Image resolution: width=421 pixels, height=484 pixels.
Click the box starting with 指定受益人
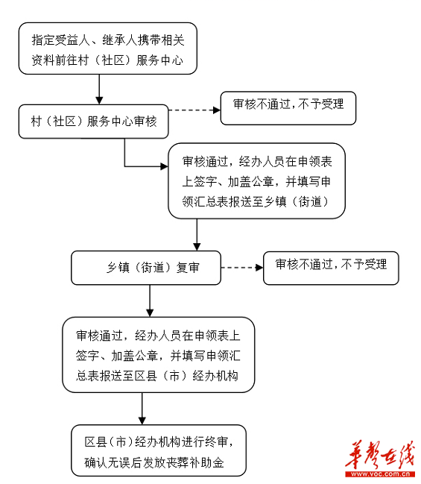coord(108,48)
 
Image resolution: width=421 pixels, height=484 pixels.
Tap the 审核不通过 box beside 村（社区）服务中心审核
coord(288,107)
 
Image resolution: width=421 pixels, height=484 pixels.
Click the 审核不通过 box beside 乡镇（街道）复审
coord(330,268)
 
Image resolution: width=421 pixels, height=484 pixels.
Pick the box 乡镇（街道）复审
coord(145,268)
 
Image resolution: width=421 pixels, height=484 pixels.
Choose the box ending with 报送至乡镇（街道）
coord(256,181)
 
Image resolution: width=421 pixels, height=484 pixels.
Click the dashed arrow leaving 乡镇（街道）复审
coord(241,268)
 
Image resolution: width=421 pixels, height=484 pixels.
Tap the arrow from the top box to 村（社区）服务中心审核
coord(98,89)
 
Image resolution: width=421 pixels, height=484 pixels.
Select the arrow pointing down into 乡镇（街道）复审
coord(197,235)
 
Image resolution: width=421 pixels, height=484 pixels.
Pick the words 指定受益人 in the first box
coord(60,39)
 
